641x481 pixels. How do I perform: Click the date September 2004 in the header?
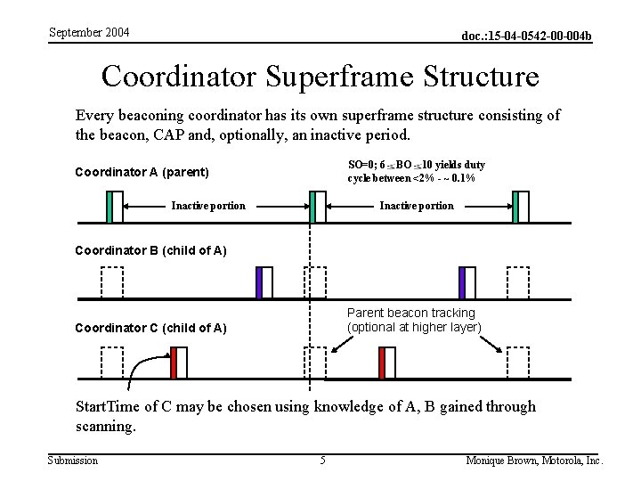[x=88, y=32]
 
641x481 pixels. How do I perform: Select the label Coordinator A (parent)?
[x=142, y=172]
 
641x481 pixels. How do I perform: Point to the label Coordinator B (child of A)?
[x=150, y=250]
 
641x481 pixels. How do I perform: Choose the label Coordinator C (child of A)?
[x=150, y=328]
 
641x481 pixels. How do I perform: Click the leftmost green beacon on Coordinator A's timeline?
[x=109, y=207]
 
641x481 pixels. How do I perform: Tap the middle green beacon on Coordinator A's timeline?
[x=312, y=207]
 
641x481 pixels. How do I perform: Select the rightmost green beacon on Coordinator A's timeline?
[x=515, y=207]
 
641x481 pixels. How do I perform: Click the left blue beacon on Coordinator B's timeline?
[x=260, y=282]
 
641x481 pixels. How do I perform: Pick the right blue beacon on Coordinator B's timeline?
[x=462, y=282]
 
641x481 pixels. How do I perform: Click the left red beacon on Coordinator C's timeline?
[x=174, y=363]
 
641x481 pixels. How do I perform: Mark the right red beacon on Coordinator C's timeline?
[x=381, y=363]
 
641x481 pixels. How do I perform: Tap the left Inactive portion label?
[x=208, y=206]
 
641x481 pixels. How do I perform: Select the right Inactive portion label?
[x=416, y=206]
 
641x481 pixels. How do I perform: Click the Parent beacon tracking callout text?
[x=410, y=320]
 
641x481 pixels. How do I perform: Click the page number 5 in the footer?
[x=323, y=461]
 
